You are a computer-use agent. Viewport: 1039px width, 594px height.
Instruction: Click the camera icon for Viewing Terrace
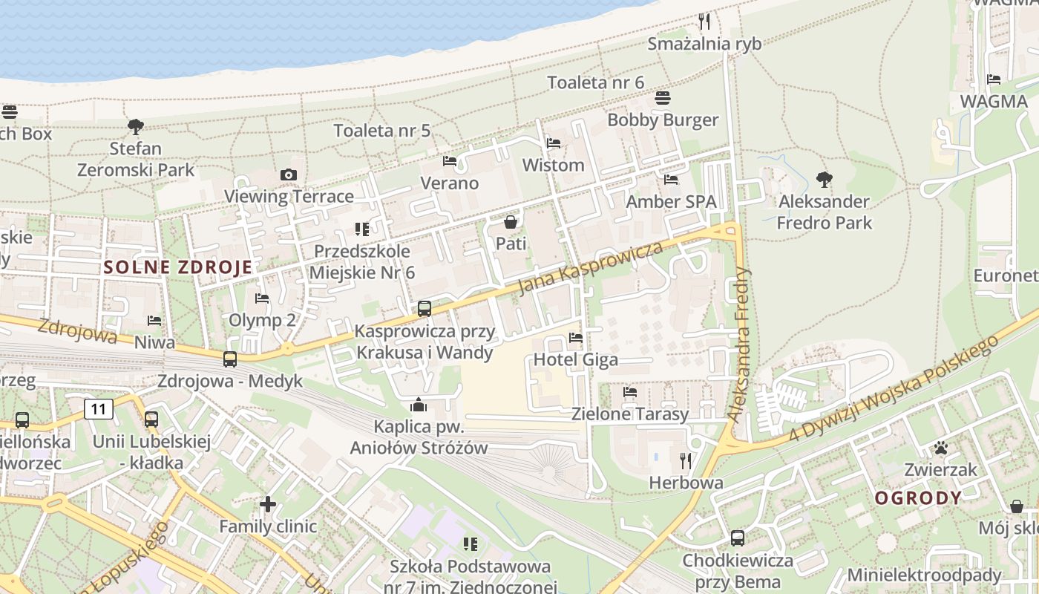(289, 175)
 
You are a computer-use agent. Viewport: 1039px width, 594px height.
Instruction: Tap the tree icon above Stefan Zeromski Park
(136, 127)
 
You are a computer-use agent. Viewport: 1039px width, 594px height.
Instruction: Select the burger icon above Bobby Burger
(663, 98)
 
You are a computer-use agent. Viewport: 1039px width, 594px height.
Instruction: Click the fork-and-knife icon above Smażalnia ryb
(704, 21)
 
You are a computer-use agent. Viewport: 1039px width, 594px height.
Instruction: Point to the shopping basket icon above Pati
(511, 221)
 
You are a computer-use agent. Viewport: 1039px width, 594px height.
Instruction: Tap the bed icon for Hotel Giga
(576, 338)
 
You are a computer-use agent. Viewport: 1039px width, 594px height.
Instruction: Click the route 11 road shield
(98, 408)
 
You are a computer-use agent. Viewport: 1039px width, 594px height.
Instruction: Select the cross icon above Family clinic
(268, 505)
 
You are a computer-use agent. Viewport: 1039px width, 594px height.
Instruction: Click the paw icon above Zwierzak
(941, 448)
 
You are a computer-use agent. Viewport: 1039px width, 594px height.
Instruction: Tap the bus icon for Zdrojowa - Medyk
(230, 359)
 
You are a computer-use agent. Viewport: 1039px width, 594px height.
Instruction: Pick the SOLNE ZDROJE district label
(178, 267)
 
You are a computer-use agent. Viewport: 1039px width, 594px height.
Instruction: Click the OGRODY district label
(918, 498)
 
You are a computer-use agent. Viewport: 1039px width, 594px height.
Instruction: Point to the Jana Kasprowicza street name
(590, 268)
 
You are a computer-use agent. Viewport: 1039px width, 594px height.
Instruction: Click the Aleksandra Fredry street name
(740, 345)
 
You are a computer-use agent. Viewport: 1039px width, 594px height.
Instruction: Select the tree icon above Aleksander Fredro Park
(824, 179)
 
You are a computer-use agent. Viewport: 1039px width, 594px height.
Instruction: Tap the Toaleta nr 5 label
(382, 131)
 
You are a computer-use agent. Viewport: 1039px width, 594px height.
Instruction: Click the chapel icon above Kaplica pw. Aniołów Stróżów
(419, 405)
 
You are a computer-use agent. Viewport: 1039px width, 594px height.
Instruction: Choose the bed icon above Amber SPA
(671, 180)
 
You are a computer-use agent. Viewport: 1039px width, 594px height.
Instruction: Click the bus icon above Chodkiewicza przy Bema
(738, 538)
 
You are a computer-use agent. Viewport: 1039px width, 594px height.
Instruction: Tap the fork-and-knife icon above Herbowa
(686, 461)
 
